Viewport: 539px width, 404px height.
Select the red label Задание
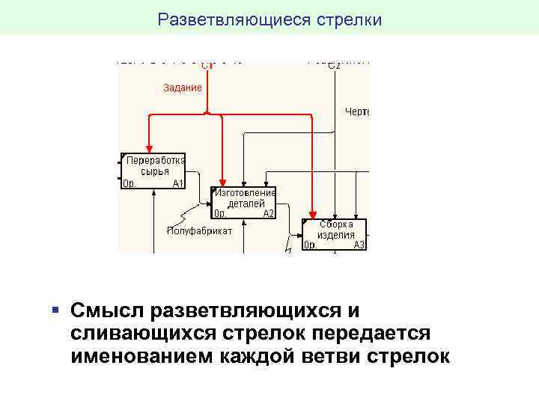pos(183,88)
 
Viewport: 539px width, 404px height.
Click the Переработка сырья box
pos(153,171)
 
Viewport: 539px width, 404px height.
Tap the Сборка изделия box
pos(334,234)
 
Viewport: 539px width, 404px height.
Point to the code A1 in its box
pos(177,183)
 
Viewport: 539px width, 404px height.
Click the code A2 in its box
pos(269,213)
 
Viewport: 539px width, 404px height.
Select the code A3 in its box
pos(359,245)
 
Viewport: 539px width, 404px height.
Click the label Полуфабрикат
pos(199,230)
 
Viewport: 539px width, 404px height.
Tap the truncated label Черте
pos(357,112)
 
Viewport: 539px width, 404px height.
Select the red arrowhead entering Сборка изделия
pos(312,213)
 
